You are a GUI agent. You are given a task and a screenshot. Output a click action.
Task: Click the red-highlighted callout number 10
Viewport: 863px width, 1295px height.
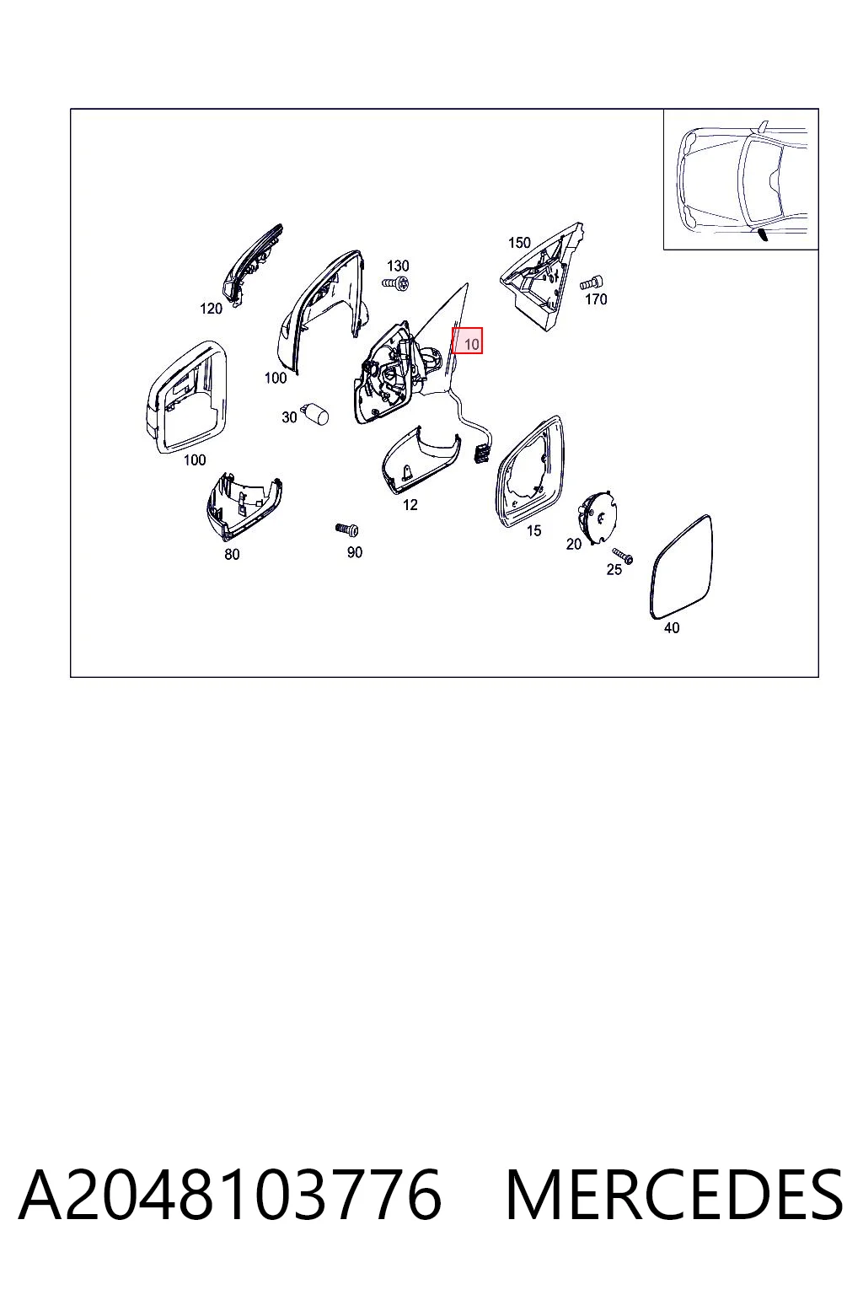471,345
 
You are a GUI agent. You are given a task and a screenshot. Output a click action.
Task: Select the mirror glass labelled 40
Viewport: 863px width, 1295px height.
682,567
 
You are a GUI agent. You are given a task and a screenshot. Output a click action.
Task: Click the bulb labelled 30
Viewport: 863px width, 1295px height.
318,414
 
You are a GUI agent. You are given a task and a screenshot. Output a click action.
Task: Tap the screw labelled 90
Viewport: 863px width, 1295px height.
347,529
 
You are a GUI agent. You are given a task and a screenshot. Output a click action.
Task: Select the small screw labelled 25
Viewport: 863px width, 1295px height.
623,556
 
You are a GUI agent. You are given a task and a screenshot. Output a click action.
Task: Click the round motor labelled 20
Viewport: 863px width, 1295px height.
598,518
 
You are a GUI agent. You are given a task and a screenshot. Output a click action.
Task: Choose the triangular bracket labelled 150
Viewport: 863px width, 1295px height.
541,277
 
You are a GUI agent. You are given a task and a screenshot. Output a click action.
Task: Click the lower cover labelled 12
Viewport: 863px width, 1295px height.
419,459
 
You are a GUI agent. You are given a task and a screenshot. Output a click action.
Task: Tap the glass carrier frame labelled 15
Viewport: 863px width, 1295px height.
529,471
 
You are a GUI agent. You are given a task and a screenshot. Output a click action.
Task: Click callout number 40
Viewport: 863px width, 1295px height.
671,628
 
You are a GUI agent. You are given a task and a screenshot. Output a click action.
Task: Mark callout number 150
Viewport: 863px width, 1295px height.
519,243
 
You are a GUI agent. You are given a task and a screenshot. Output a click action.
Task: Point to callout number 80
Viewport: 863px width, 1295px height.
232,555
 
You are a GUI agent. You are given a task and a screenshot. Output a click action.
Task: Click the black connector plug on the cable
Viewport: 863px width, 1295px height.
480,454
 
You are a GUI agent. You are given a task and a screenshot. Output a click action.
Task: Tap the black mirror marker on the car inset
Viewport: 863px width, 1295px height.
763,234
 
